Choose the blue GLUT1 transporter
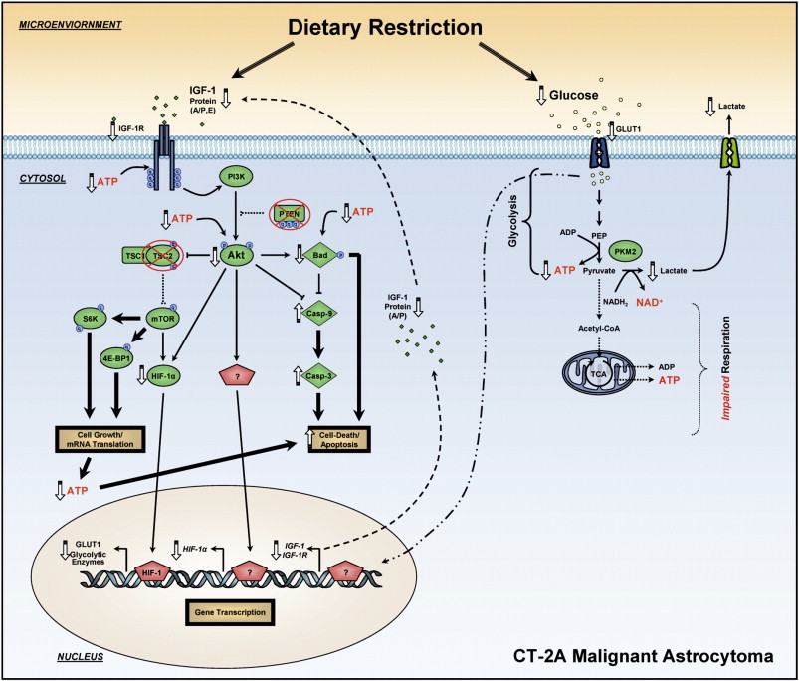tap(600, 152)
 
